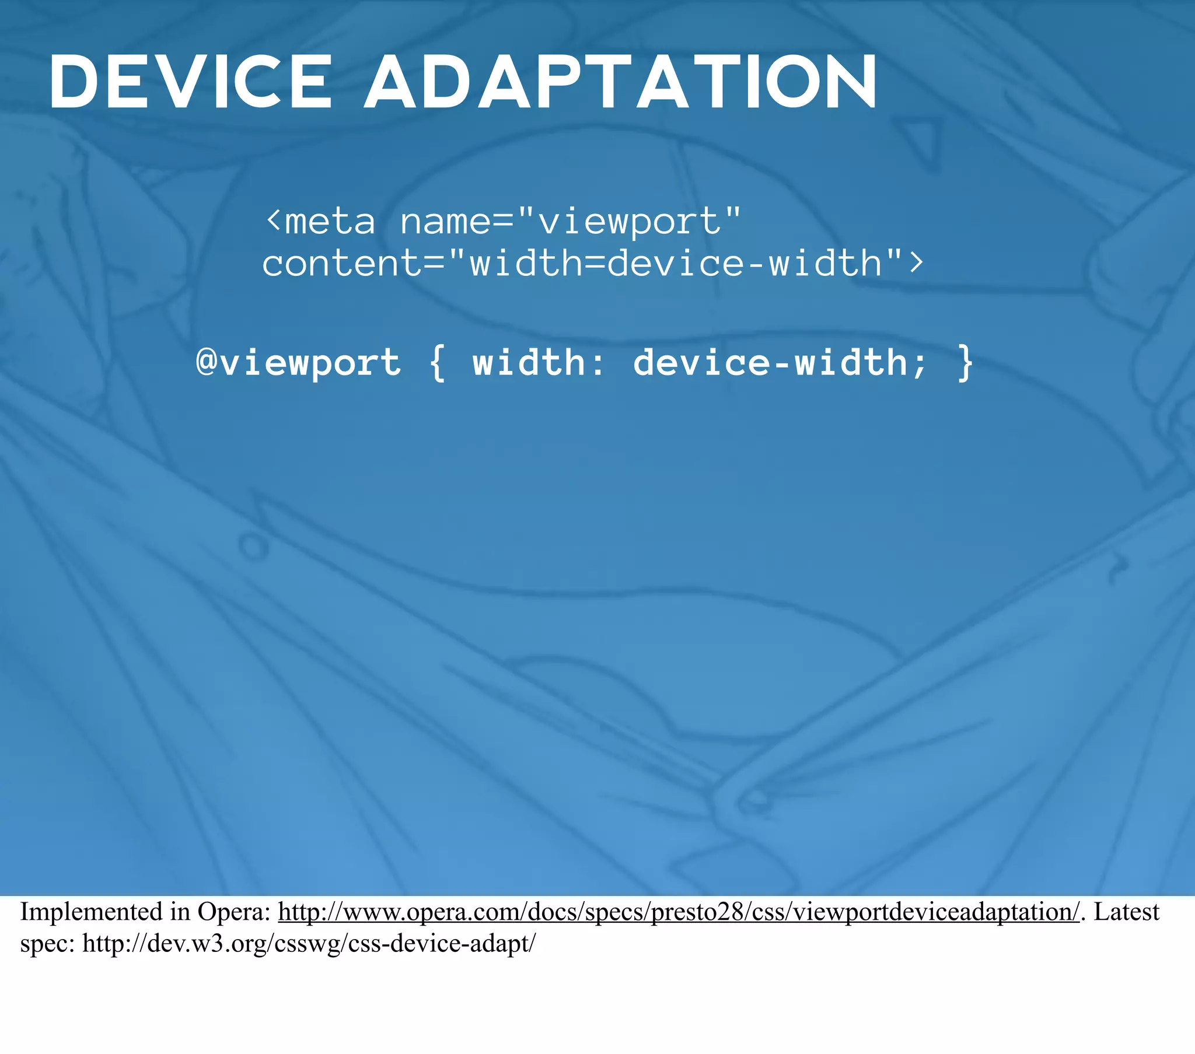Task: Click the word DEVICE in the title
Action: tap(190, 82)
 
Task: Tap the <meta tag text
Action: tap(320, 222)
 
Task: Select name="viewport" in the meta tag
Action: tap(570, 222)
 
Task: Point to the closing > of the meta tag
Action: tap(916, 263)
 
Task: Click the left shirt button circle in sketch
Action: tap(253, 547)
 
